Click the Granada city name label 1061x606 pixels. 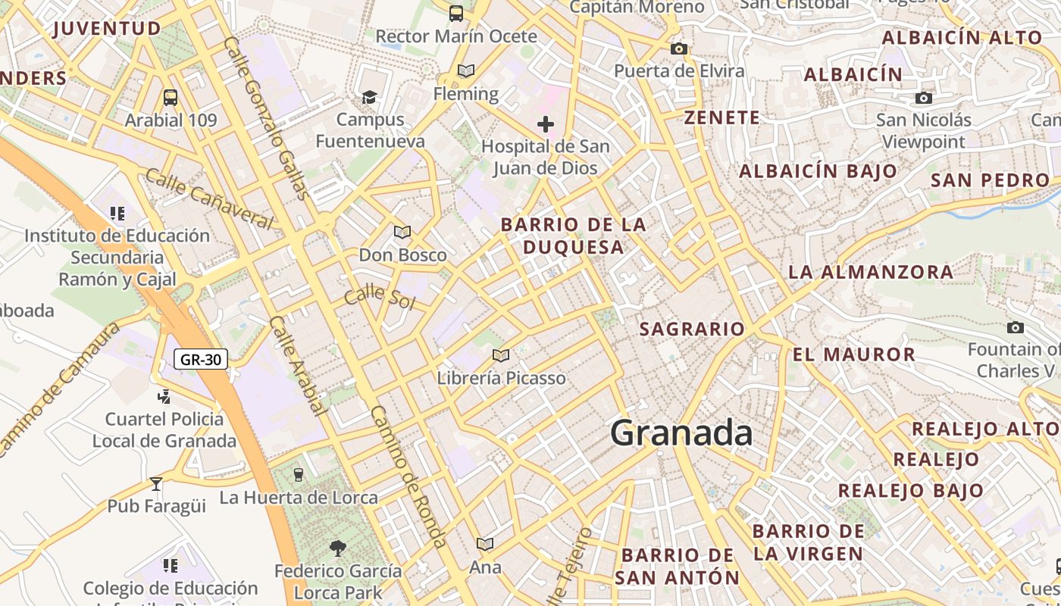(681, 433)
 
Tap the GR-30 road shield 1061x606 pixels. (201, 359)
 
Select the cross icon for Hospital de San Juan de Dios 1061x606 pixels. (545, 124)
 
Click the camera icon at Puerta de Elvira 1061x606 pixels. (679, 49)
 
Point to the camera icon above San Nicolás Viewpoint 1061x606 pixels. (923, 98)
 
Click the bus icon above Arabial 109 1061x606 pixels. (171, 98)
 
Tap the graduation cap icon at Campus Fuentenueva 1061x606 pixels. (369, 97)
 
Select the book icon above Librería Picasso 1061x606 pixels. (500, 355)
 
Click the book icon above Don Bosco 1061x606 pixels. (402, 232)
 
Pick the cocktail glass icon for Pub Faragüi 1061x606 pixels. (156, 483)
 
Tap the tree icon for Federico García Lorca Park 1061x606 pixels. (338, 547)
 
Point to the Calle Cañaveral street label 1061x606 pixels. (208, 198)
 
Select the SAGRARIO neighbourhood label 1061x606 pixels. (692, 329)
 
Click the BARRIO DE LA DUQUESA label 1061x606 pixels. (574, 236)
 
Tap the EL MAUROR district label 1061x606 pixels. (854, 355)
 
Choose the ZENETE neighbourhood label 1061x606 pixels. (721, 117)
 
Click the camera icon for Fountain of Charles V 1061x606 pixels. (1016, 327)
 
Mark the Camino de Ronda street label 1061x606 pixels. (408, 476)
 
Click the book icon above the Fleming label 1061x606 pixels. (466, 71)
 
